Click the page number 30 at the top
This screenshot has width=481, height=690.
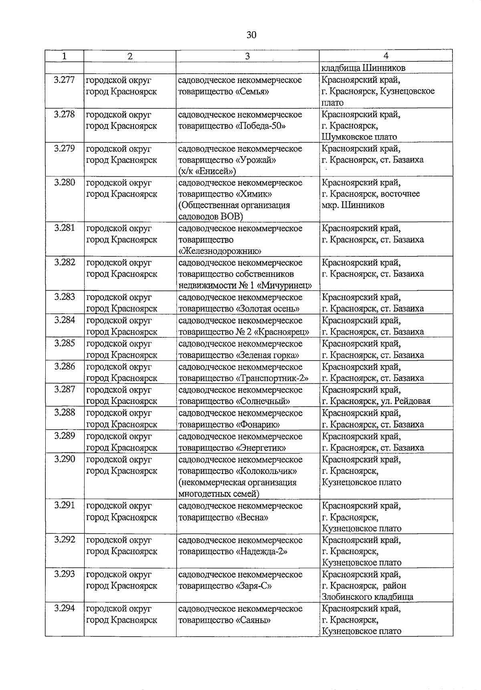click(251, 35)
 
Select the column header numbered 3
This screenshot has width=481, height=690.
click(247, 56)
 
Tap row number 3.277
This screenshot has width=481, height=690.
click(64, 80)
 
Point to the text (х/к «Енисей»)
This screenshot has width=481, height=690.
click(207, 171)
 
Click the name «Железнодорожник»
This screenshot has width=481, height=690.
click(220, 251)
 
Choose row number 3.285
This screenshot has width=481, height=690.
click(64, 343)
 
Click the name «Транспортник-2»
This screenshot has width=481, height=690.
click(272, 378)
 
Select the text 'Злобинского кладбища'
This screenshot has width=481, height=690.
click(367, 597)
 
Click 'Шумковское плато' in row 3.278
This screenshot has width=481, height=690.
click(359, 137)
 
